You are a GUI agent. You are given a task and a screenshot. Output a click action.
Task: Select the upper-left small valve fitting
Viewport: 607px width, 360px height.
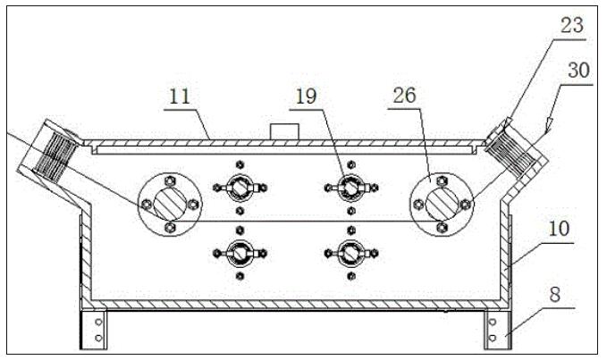tap(239, 188)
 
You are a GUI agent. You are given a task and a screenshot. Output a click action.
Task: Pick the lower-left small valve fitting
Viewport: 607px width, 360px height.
tap(239, 253)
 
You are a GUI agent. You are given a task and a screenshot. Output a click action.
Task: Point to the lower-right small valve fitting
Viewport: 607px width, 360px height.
tap(350, 253)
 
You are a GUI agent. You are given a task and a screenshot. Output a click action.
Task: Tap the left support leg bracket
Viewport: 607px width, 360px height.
tap(93, 328)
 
